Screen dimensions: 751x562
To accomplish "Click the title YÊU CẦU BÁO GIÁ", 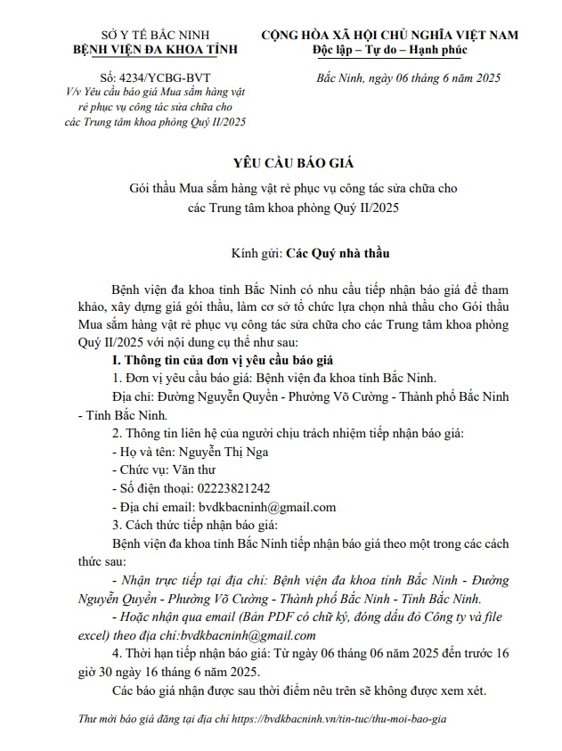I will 281,164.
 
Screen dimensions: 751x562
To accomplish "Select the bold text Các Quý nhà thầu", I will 340,252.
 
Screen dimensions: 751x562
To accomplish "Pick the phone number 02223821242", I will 232,488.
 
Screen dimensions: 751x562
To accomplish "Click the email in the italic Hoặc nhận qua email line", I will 248,635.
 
